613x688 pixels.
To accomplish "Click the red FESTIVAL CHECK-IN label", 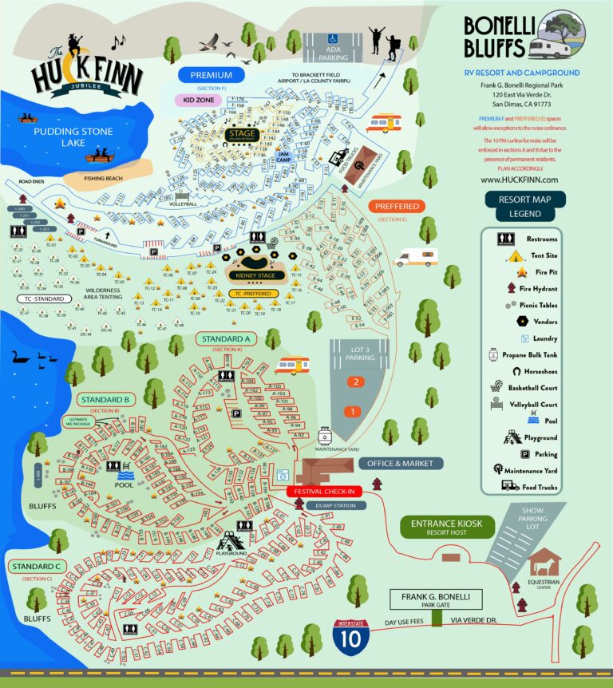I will coord(324,491).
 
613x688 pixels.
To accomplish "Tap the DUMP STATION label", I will coord(334,505).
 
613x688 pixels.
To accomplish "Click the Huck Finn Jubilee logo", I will coord(86,71).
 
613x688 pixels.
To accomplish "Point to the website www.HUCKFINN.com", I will coord(519,180).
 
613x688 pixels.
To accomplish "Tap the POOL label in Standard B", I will coord(124,484).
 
